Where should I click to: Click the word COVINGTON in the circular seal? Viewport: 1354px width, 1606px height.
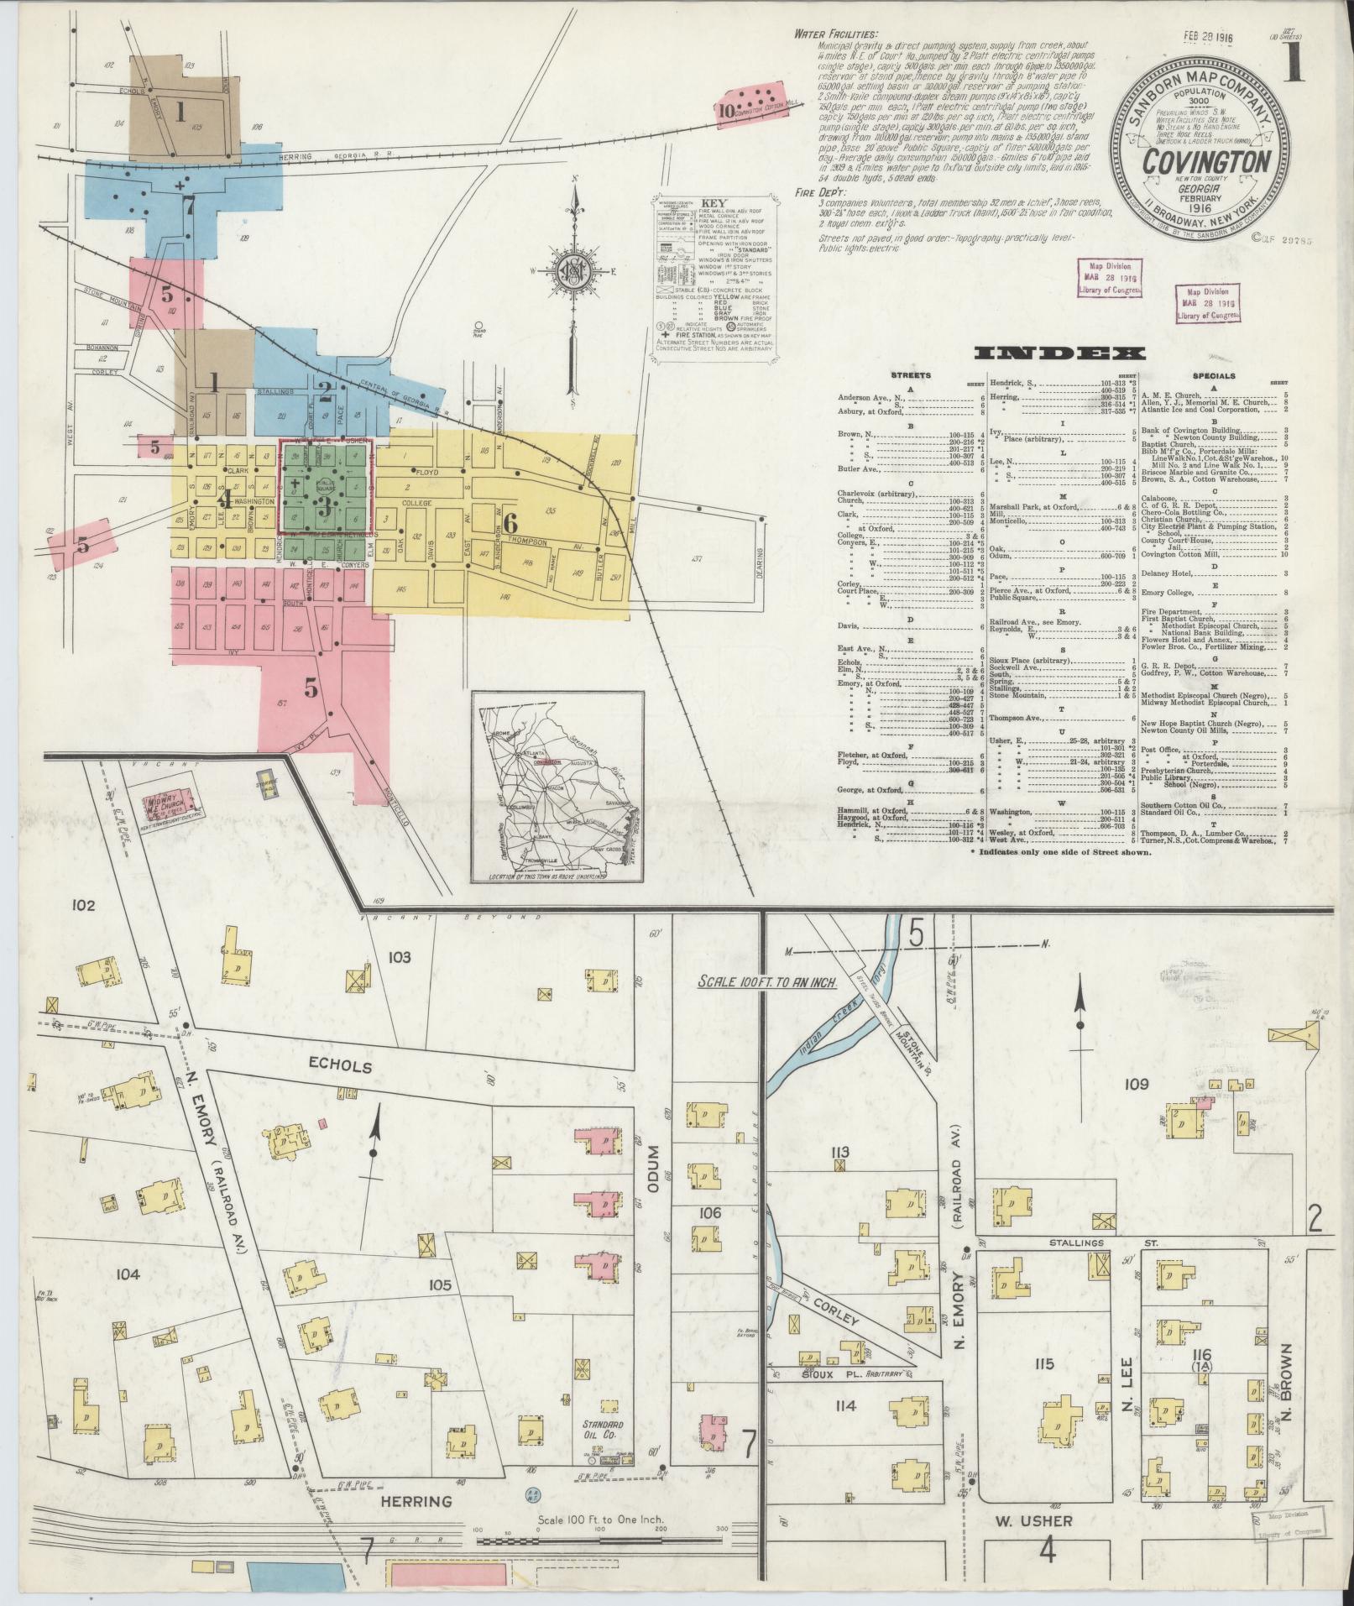click(1196, 160)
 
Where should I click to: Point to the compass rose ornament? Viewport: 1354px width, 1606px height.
click(573, 274)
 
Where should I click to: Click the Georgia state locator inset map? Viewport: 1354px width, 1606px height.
click(557, 787)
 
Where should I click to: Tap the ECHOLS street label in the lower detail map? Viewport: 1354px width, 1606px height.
click(332, 1066)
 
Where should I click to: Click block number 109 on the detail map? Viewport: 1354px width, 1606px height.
click(1137, 1085)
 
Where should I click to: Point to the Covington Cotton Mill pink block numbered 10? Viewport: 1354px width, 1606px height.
click(750, 107)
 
